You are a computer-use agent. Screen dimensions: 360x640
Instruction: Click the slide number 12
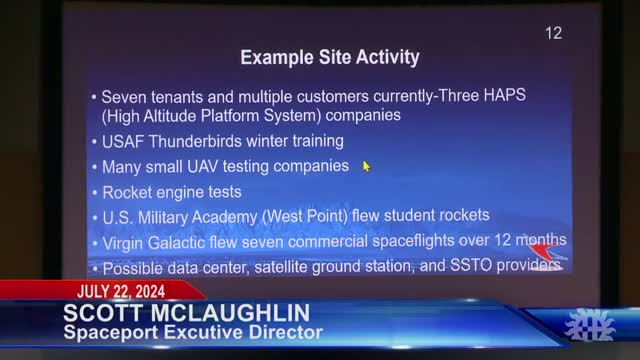(553, 33)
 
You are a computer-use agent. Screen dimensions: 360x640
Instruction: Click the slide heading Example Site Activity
(329, 58)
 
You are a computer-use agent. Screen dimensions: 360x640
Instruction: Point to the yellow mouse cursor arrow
(366, 166)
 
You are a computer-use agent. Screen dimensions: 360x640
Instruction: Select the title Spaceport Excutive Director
(190, 332)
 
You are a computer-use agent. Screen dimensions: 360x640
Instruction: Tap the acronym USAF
(125, 141)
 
